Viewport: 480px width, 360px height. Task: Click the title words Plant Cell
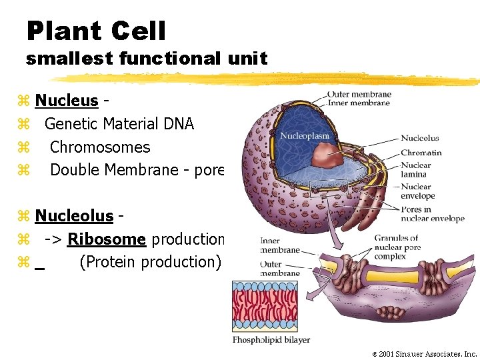pos(96,31)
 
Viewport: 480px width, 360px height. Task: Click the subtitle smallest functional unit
pos(146,59)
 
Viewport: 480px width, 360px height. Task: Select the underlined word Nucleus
pos(66,101)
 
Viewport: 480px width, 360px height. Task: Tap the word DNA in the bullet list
pos(178,124)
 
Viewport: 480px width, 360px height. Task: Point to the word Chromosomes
pos(100,147)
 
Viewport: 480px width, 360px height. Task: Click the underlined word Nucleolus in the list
pos(73,215)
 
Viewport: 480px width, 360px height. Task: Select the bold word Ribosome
pos(107,239)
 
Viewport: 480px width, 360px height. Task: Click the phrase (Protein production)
pos(149,262)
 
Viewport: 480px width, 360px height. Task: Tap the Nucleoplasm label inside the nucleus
pos(305,136)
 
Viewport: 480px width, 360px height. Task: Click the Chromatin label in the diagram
pos(421,153)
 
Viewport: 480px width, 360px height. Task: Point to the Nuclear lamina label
pos(416,170)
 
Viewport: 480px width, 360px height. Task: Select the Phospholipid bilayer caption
pos(271,339)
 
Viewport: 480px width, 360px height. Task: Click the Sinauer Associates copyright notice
pos(425,354)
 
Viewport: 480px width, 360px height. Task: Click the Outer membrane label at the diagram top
pos(359,94)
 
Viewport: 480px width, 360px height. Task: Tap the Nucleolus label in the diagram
pos(419,138)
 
